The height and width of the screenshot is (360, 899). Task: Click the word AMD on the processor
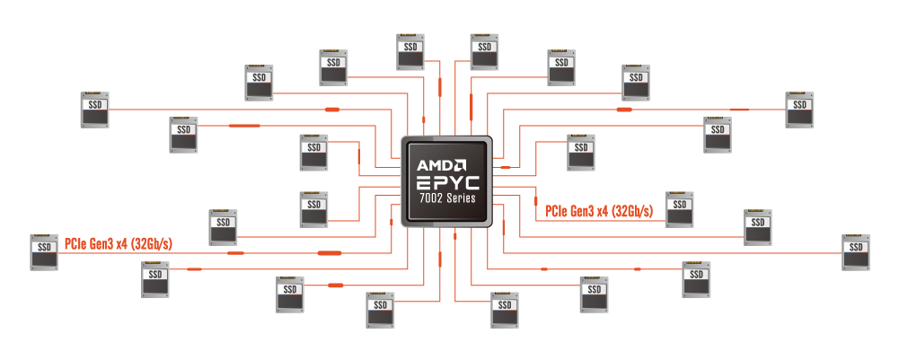pyautogui.click(x=433, y=165)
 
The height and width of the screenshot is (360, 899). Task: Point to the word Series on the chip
pyautogui.click(x=460, y=198)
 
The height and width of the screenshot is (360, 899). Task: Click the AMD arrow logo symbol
pyautogui.click(x=459, y=165)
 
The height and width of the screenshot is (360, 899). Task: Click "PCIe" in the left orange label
pyautogui.click(x=74, y=243)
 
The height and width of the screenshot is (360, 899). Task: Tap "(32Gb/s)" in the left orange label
pyautogui.click(x=152, y=243)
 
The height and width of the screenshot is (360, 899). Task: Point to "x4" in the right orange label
pyautogui.click(x=603, y=212)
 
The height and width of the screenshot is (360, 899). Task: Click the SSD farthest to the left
pyautogui.click(x=44, y=252)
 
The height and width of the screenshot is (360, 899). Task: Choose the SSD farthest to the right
pyautogui.click(x=855, y=252)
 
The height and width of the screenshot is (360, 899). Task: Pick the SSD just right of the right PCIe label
pyautogui.click(x=680, y=209)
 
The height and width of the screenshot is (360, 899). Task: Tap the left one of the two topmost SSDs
pyautogui.click(x=411, y=52)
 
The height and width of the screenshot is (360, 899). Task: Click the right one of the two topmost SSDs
pyautogui.click(x=484, y=52)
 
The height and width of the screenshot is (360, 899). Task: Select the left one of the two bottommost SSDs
pyautogui.click(x=380, y=310)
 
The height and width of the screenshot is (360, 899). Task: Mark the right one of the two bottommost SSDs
pyautogui.click(x=505, y=310)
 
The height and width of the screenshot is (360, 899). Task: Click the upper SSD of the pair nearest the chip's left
pyautogui.click(x=313, y=152)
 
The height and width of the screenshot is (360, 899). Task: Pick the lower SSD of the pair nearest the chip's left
pyautogui.click(x=313, y=209)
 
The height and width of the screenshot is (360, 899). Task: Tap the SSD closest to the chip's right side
pyautogui.click(x=581, y=152)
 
